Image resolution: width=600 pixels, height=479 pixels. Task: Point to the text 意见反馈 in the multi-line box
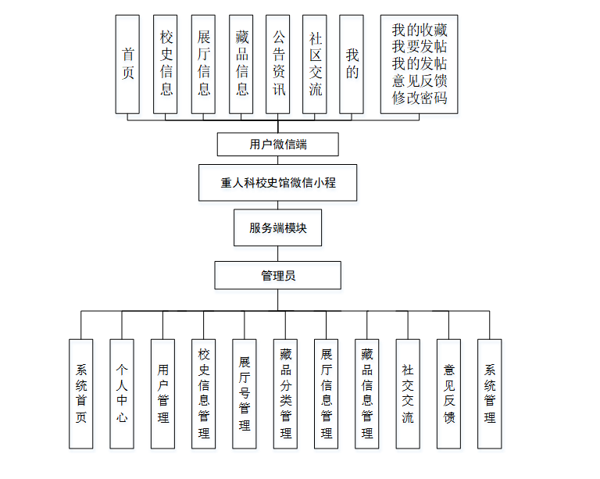click(x=420, y=81)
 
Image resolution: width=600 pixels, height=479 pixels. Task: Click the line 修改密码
click(x=420, y=98)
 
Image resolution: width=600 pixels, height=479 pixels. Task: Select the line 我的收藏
click(x=420, y=30)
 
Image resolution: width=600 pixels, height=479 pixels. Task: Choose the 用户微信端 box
click(x=278, y=145)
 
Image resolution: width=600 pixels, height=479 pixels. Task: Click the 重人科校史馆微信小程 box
click(x=278, y=184)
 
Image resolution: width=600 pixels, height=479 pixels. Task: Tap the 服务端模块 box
click(x=278, y=228)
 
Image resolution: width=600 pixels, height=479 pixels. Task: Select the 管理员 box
click(x=278, y=275)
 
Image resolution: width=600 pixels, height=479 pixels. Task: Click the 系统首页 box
click(x=81, y=394)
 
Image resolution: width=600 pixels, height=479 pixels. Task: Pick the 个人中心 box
click(x=122, y=394)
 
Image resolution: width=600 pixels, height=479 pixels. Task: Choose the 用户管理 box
click(x=162, y=394)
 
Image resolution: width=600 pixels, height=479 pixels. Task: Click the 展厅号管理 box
click(x=245, y=394)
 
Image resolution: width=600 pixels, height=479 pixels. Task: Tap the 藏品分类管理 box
click(x=285, y=394)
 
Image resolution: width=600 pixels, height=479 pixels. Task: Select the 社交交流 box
click(x=408, y=394)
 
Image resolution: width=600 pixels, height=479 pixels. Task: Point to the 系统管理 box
click(x=490, y=394)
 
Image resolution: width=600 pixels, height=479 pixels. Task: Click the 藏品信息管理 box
click(x=367, y=394)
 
